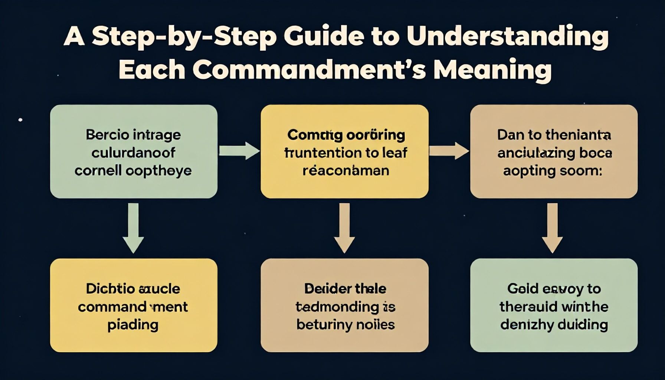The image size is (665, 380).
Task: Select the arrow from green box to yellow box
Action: [x=239, y=151]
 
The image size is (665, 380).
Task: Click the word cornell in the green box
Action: [x=98, y=171]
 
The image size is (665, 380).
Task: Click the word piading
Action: [x=133, y=325]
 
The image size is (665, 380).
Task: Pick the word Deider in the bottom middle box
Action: [x=322, y=289]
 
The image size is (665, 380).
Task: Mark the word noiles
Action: [x=375, y=325]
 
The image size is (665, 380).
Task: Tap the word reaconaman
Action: [x=345, y=171]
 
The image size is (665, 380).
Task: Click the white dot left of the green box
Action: [x=20, y=120]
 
